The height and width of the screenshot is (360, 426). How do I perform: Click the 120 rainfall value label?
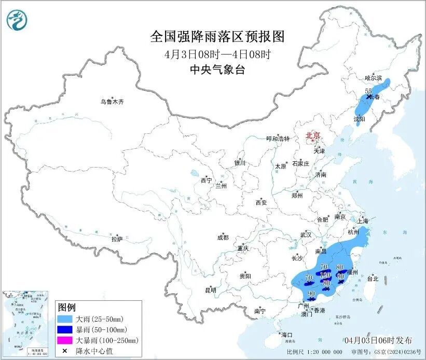325,274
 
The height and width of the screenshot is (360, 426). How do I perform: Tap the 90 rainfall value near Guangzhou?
311,294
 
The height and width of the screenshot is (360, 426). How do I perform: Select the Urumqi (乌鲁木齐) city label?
113,102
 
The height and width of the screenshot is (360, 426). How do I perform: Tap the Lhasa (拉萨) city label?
117,239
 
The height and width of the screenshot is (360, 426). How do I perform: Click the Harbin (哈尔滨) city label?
373,78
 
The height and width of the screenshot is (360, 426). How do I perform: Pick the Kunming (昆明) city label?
210,289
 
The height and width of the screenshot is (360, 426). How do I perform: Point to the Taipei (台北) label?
373,279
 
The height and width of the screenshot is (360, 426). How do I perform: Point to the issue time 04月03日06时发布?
378,340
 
